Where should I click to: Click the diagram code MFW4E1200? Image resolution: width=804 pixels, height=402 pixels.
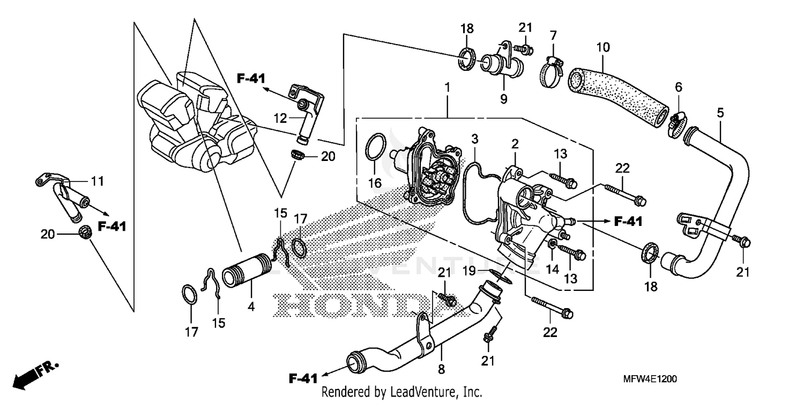(650, 379)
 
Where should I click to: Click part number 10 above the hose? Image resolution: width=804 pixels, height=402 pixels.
(602, 48)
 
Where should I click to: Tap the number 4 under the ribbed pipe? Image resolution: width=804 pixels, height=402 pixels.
(250, 308)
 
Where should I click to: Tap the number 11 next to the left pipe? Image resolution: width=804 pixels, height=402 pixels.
(96, 181)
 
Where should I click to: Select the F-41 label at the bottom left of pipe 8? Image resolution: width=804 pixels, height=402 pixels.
(303, 378)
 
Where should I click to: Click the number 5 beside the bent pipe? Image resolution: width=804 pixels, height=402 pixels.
(720, 113)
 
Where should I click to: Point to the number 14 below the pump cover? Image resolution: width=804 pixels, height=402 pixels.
(552, 267)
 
